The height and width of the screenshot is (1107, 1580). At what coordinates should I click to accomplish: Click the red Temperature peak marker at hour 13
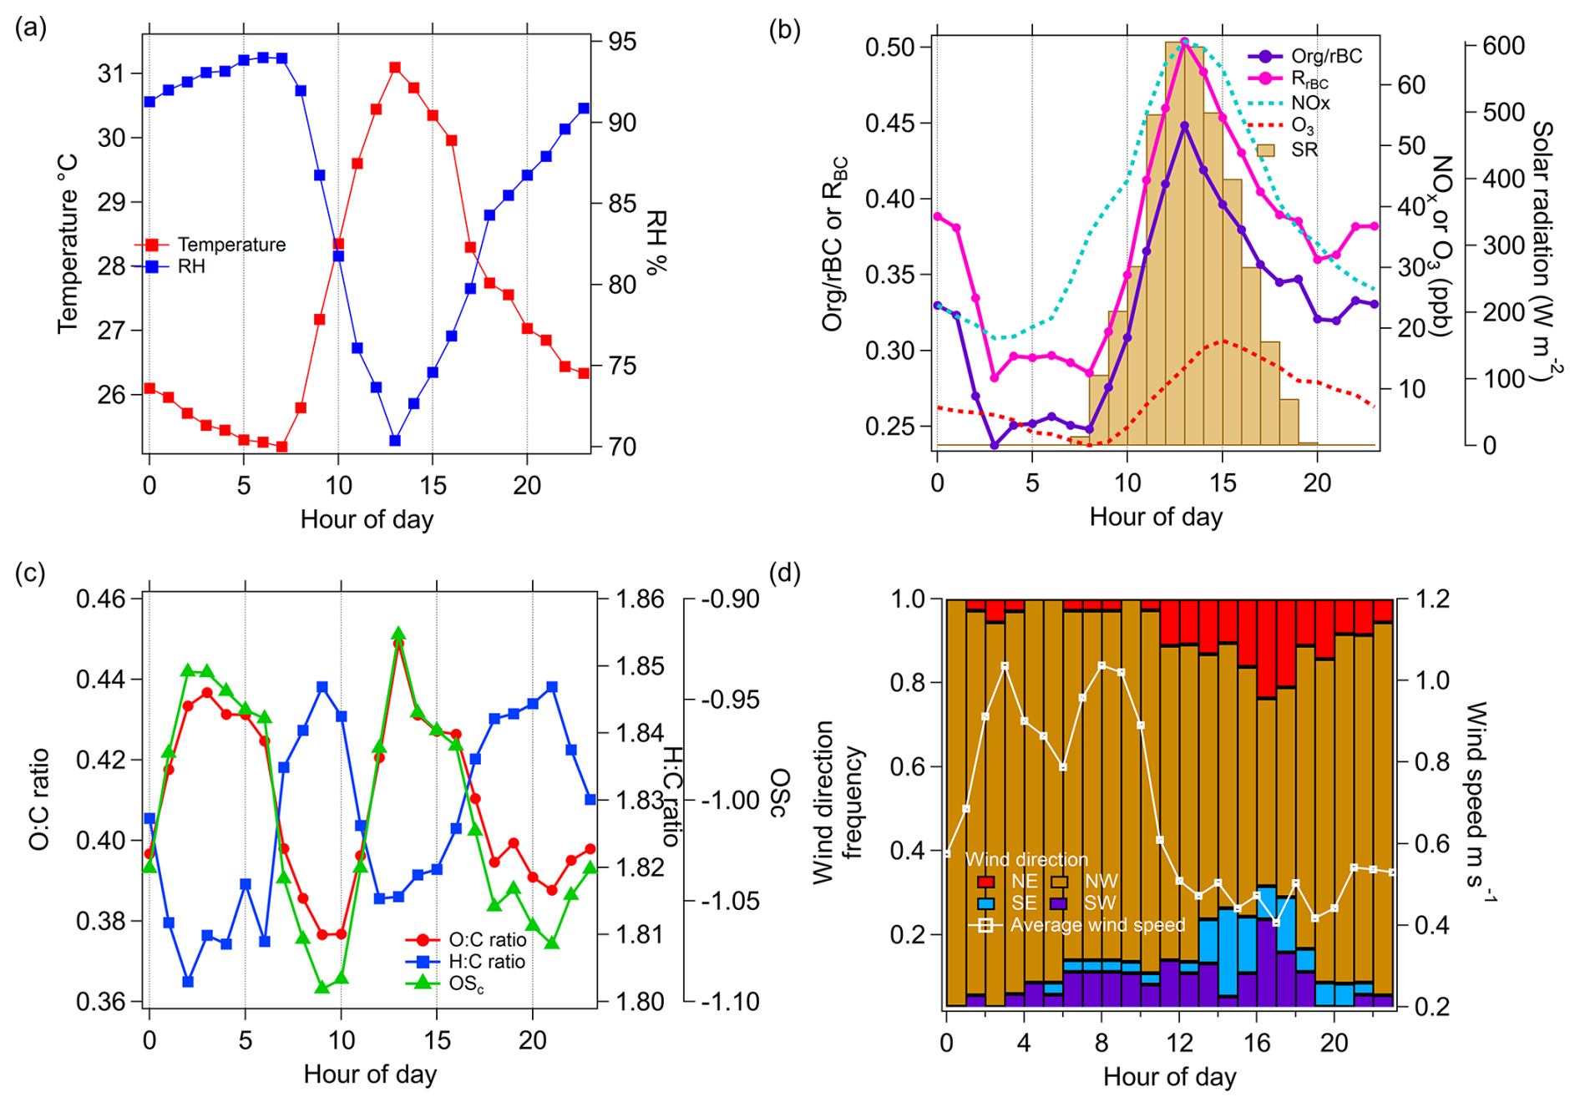point(395,68)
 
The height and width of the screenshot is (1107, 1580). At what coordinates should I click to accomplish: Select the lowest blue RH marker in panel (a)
point(395,440)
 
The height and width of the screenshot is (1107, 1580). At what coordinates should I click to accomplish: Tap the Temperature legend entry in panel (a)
point(231,245)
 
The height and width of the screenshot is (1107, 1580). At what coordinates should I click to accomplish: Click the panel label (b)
point(784,29)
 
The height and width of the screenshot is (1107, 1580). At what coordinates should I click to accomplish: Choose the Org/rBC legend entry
point(1326,56)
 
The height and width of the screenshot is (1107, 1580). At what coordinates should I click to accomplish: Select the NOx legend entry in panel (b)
point(1309,104)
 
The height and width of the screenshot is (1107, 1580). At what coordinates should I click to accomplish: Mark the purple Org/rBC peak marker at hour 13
point(1184,126)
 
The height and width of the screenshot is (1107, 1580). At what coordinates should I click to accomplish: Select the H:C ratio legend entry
point(487,962)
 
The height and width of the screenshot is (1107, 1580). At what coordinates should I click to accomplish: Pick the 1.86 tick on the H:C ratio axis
point(640,599)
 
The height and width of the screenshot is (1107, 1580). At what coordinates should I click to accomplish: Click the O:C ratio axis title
point(39,800)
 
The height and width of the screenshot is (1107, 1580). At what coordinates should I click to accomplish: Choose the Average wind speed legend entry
point(1096,925)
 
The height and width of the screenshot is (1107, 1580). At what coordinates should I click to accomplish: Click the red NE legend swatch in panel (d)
point(985,882)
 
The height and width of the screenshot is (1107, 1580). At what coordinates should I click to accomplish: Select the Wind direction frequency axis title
point(838,801)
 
